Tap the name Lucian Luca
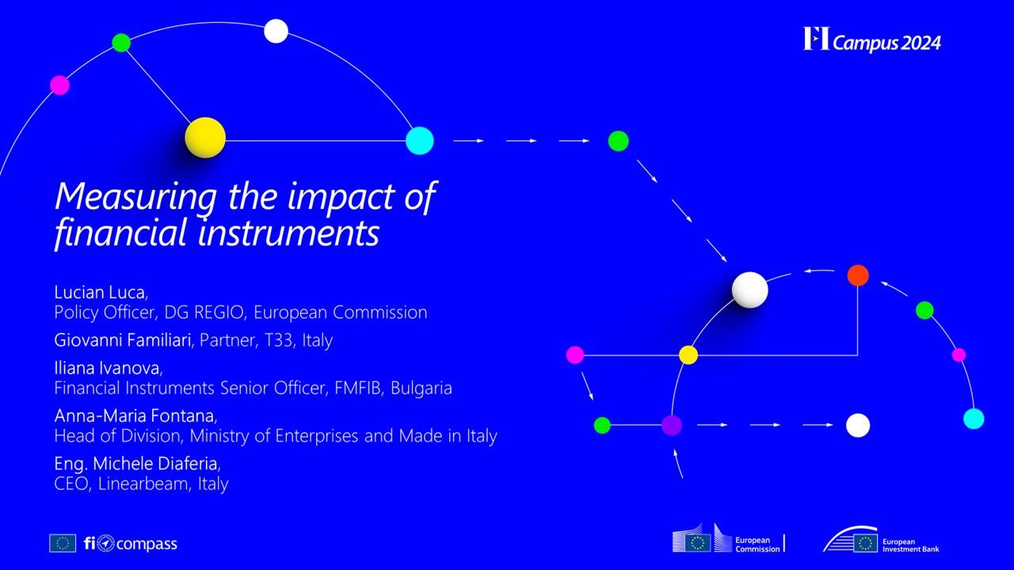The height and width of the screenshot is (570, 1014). pyautogui.click(x=100, y=292)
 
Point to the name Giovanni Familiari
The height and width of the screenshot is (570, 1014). pyautogui.click(x=122, y=340)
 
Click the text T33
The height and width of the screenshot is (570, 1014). pyautogui.click(x=278, y=340)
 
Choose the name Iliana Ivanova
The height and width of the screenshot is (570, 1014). pyautogui.click(x=107, y=368)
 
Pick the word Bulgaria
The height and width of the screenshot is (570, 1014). pyautogui.click(x=421, y=388)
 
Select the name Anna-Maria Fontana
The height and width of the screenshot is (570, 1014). pyautogui.click(x=135, y=416)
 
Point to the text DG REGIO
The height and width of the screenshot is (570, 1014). pyautogui.click(x=204, y=312)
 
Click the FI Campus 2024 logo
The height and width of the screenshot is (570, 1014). pyautogui.click(x=872, y=40)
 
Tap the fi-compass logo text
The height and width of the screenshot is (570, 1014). pyautogui.click(x=131, y=543)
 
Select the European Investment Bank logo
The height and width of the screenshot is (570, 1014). pyautogui.click(x=881, y=540)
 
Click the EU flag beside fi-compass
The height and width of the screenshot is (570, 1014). pyautogui.click(x=63, y=543)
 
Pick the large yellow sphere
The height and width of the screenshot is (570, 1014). pyautogui.click(x=205, y=138)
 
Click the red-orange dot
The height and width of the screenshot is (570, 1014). pyautogui.click(x=858, y=275)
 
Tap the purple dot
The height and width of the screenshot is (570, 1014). pyautogui.click(x=672, y=425)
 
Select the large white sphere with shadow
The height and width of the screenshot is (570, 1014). pyautogui.click(x=749, y=290)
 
